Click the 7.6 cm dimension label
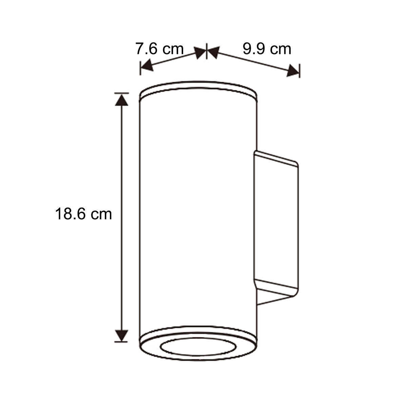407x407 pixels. [x=159, y=49]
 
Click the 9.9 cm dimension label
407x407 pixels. [x=267, y=49]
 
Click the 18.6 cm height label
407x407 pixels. [x=83, y=214]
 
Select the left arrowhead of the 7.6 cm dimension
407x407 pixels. [x=147, y=65]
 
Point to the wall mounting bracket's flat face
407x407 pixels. [x=276, y=224]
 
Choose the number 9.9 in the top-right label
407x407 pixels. [x=253, y=49]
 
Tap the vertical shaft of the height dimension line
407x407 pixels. [x=121, y=217]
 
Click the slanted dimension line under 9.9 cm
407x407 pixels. [x=253, y=62]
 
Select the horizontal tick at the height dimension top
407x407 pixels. [x=121, y=93]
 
